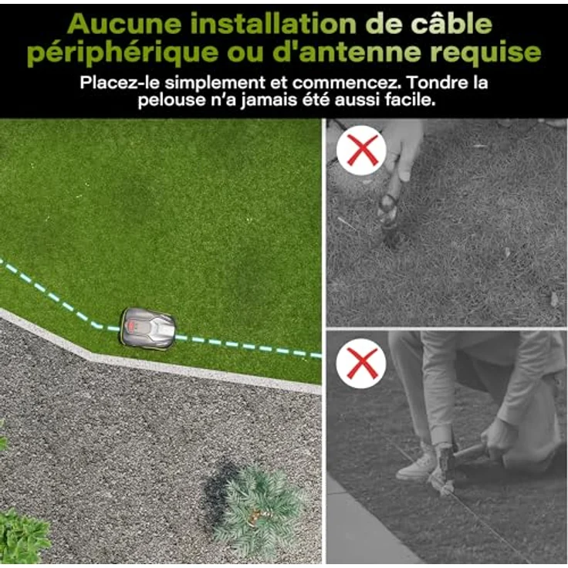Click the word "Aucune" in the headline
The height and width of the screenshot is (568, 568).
[124, 24]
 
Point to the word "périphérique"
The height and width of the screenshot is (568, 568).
[123, 53]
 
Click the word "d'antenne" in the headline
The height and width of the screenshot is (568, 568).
[347, 52]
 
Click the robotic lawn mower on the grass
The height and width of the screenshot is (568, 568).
[147, 329]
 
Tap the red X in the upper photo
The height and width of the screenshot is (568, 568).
[361, 150]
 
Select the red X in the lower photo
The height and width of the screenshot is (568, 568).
[362, 363]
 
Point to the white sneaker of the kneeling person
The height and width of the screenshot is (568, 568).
[417, 465]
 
